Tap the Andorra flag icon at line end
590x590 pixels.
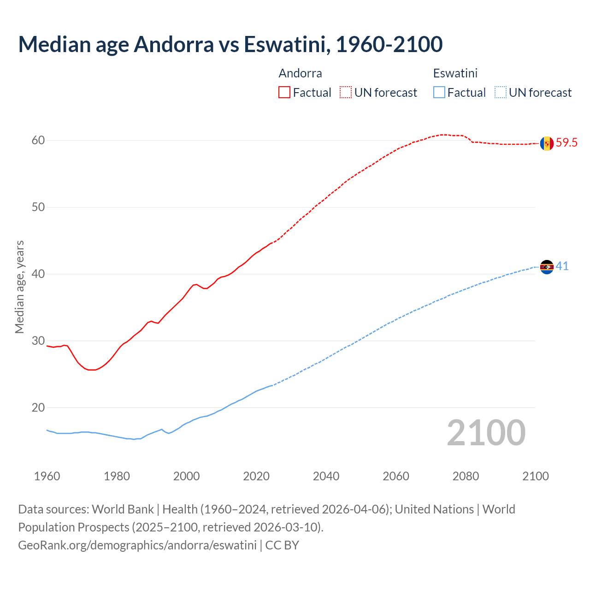pos(547,143)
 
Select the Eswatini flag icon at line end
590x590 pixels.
pos(547,267)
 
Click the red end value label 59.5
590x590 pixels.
pos(566,143)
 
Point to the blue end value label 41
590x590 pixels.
pos(562,266)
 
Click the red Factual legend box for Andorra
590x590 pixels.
pos(284,93)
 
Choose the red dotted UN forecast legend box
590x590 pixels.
pos(346,93)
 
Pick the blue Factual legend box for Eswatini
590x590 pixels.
pos(439,93)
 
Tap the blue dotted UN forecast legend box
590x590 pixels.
pos(501,93)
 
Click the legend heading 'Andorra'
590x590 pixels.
pos(300,73)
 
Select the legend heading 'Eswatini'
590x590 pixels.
pos(455,73)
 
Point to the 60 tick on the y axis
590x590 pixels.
pos(38,141)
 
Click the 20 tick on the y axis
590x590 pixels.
pos(38,408)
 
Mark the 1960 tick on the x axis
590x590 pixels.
pos(47,476)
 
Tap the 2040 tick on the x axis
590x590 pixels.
pos(326,476)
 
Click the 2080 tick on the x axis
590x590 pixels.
pos(466,476)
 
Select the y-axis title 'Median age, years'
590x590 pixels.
pos(19,287)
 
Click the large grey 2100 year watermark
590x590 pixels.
pos(486,432)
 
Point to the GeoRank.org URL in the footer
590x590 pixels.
pos(137,545)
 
